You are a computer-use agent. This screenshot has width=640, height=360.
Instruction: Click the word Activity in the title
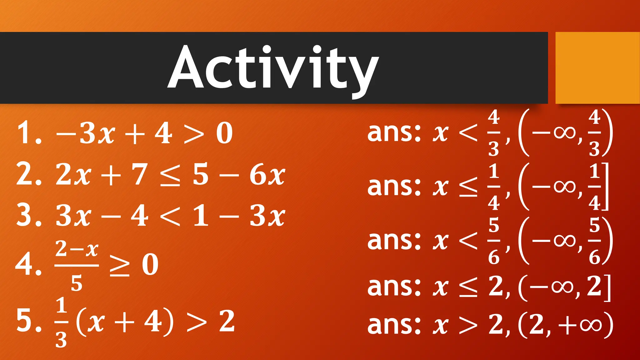coord(273,68)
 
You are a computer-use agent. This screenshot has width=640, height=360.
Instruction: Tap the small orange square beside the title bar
coord(597,67)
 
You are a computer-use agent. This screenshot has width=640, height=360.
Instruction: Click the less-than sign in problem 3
coord(170,216)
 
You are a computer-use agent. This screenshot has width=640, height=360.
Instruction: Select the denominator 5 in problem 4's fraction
coord(77,283)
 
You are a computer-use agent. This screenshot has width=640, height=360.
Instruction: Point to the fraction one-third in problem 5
coord(61,322)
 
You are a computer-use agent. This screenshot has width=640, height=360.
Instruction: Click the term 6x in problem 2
coord(267,175)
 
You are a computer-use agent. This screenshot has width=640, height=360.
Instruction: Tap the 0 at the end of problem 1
coord(224,134)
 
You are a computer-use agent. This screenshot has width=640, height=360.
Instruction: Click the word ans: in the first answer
coord(394,132)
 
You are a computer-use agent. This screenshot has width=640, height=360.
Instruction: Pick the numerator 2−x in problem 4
coord(77,249)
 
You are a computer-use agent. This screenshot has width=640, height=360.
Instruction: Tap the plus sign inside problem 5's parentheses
coord(124,322)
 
